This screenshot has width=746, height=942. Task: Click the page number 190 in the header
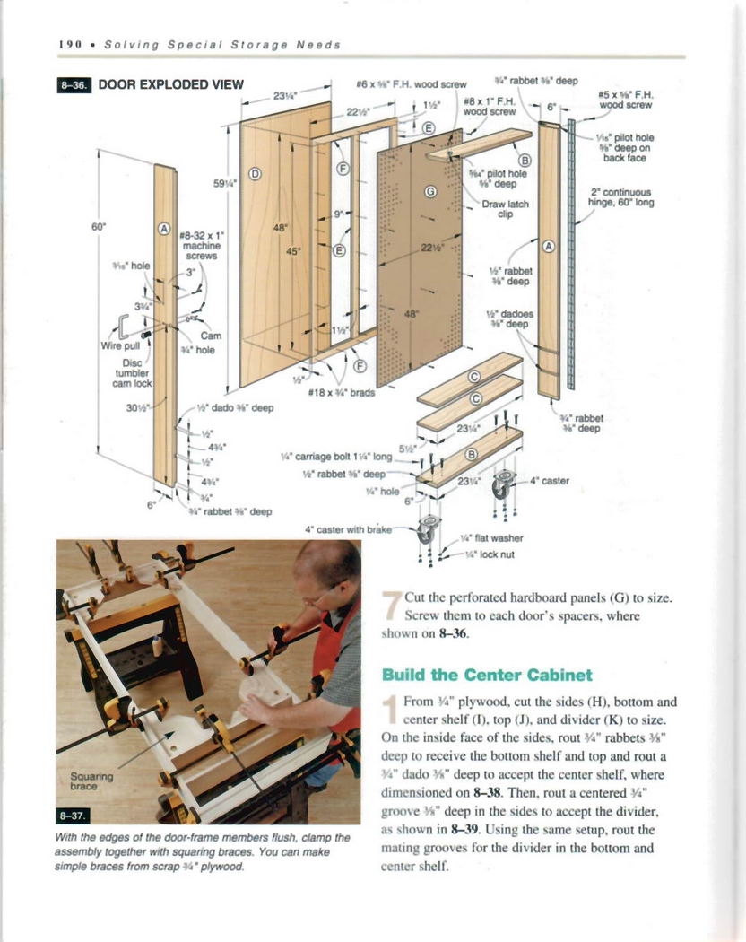pos(70,44)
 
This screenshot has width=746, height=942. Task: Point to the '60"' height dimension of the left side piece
pos(100,227)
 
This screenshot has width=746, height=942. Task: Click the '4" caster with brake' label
pos(349,528)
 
